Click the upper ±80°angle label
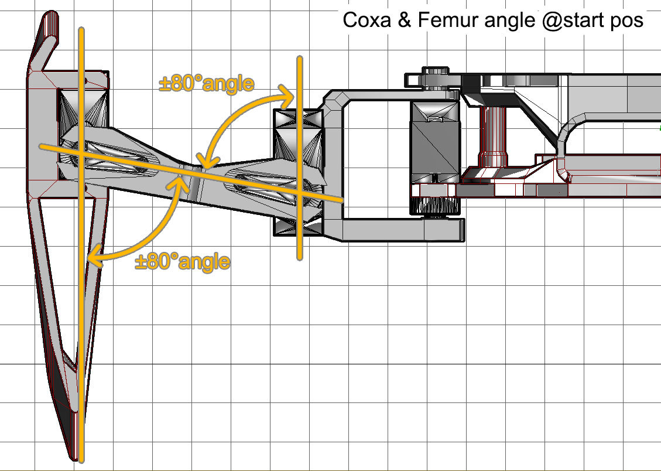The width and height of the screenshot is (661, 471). pyautogui.click(x=207, y=84)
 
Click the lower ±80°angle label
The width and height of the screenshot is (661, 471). pyautogui.click(x=182, y=261)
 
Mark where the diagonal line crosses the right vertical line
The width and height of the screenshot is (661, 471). pyautogui.click(x=299, y=193)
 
